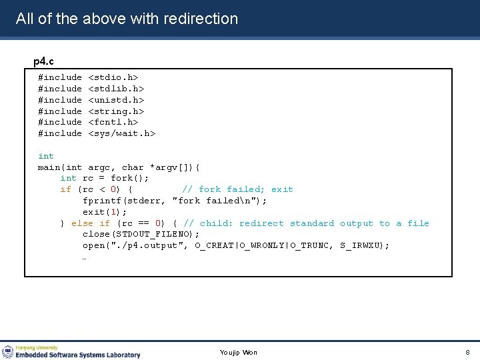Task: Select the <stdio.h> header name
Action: click(113, 77)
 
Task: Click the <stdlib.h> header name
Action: click(116, 89)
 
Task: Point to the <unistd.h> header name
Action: click(116, 100)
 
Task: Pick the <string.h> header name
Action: click(116, 111)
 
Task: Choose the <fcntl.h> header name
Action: click(113, 122)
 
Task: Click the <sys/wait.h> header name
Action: click(121, 133)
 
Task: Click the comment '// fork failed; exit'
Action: click(237, 189)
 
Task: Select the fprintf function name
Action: click(102, 201)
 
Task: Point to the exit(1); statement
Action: click(102, 212)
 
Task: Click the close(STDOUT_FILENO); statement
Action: click(141, 234)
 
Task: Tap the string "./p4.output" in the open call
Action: click(149, 245)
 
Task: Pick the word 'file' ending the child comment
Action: click(418, 223)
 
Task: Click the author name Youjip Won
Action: click(238, 352)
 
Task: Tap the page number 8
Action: click(467, 352)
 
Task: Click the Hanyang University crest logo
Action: click(7, 351)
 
